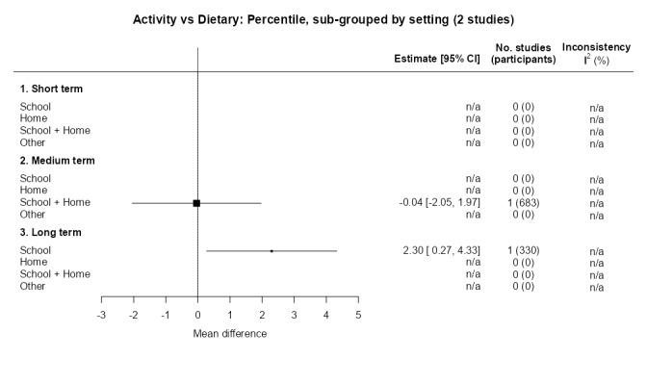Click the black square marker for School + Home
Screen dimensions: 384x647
196,203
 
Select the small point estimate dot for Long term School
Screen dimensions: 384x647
272,250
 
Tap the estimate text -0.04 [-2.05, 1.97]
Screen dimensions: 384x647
440,203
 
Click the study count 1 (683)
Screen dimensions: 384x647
523,203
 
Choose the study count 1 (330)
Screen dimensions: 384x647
523,250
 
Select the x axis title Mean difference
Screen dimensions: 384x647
230,334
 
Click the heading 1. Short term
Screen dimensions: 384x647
51,89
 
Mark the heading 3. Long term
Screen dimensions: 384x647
50,232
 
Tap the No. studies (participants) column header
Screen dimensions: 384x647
523,53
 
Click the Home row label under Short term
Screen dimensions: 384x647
34,119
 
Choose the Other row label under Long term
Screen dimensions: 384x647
34,286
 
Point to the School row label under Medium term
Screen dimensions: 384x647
36,178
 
